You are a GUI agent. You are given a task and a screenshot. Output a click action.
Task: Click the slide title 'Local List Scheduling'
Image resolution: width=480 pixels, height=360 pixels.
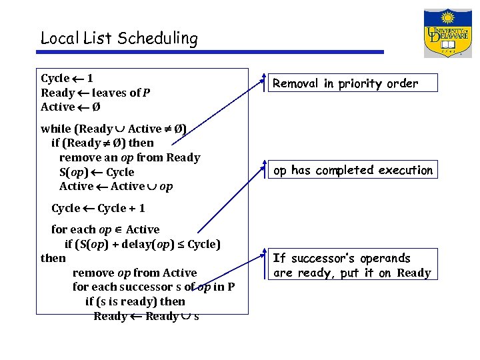pyautogui.click(x=119, y=39)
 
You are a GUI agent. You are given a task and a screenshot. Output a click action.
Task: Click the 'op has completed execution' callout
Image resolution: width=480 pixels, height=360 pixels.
pyautogui.click(x=353, y=171)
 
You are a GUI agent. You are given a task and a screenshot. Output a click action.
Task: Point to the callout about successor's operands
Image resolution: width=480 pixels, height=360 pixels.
pyautogui.click(x=353, y=265)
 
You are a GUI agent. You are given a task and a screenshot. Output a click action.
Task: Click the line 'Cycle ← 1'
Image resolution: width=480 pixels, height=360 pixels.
pyautogui.click(x=67, y=79)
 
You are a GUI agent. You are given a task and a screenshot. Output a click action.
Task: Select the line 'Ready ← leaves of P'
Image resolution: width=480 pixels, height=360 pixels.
pyautogui.click(x=95, y=93)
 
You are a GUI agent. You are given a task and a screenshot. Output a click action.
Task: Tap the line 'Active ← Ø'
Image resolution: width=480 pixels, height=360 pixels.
pyautogui.click(x=71, y=107)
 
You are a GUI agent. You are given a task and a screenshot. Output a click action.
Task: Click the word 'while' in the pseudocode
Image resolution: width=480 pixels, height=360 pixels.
pyautogui.click(x=55, y=129)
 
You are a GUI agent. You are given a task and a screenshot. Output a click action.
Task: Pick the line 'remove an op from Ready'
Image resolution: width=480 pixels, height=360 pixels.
pyautogui.click(x=129, y=157)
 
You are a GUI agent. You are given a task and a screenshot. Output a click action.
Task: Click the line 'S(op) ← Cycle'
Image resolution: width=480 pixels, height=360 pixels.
pyautogui.click(x=97, y=172)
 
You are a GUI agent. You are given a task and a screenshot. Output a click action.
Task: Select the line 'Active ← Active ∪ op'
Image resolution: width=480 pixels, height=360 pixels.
pyautogui.click(x=116, y=187)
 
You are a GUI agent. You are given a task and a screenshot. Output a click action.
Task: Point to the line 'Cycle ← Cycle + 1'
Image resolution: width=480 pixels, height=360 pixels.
pyautogui.click(x=98, y=208)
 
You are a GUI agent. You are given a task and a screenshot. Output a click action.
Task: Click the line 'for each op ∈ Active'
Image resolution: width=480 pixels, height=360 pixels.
pyautogui.click(x=105, y=229)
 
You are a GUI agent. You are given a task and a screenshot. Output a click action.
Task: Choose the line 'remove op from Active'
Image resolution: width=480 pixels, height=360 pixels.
pyautogui.click(x=134, y=273)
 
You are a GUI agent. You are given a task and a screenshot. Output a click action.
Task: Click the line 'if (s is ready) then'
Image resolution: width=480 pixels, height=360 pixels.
pyautogui.click(x=135, y=301)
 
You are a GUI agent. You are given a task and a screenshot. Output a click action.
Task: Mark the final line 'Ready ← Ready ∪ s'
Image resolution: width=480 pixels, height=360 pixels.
pyautogui.click(x=146, y=316)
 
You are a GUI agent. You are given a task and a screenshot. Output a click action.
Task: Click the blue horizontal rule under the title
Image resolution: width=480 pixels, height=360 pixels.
pyautogui.click(x=212, y=52)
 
